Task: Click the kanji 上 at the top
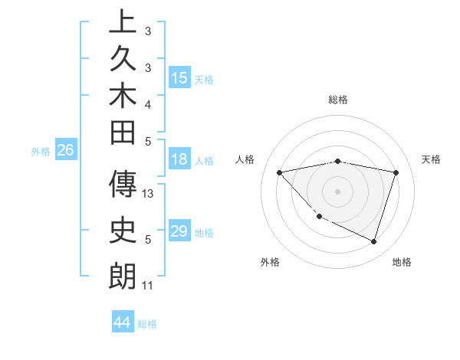point(123,21)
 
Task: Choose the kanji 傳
point(123,186)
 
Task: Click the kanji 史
point(123,232)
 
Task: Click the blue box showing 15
point(179,78)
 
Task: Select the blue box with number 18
point(179,160)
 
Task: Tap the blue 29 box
point(179,231)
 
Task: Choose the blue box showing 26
point(65,150)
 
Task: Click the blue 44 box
point(122,322)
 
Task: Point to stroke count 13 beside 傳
point(149,194)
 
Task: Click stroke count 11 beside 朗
point(147,286)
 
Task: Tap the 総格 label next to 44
point(147,324)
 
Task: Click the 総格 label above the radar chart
point(338,100)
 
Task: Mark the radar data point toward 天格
point(396,172)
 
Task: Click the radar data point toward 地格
point(374,241)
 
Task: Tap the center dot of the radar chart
point(338,191)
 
